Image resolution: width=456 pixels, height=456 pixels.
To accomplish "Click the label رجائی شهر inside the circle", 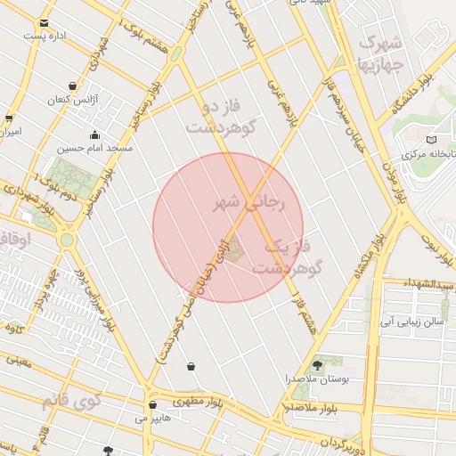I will pyautogui.click(x=248, y=204).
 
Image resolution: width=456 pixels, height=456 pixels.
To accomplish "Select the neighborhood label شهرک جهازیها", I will pyautogui.click(x=380, y=53).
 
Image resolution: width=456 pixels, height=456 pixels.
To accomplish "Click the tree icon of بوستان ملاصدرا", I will pyautogui.click(x=318, y=363).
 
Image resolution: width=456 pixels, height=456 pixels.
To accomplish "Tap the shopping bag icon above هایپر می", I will pyautogui.click(x=152, y=404).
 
